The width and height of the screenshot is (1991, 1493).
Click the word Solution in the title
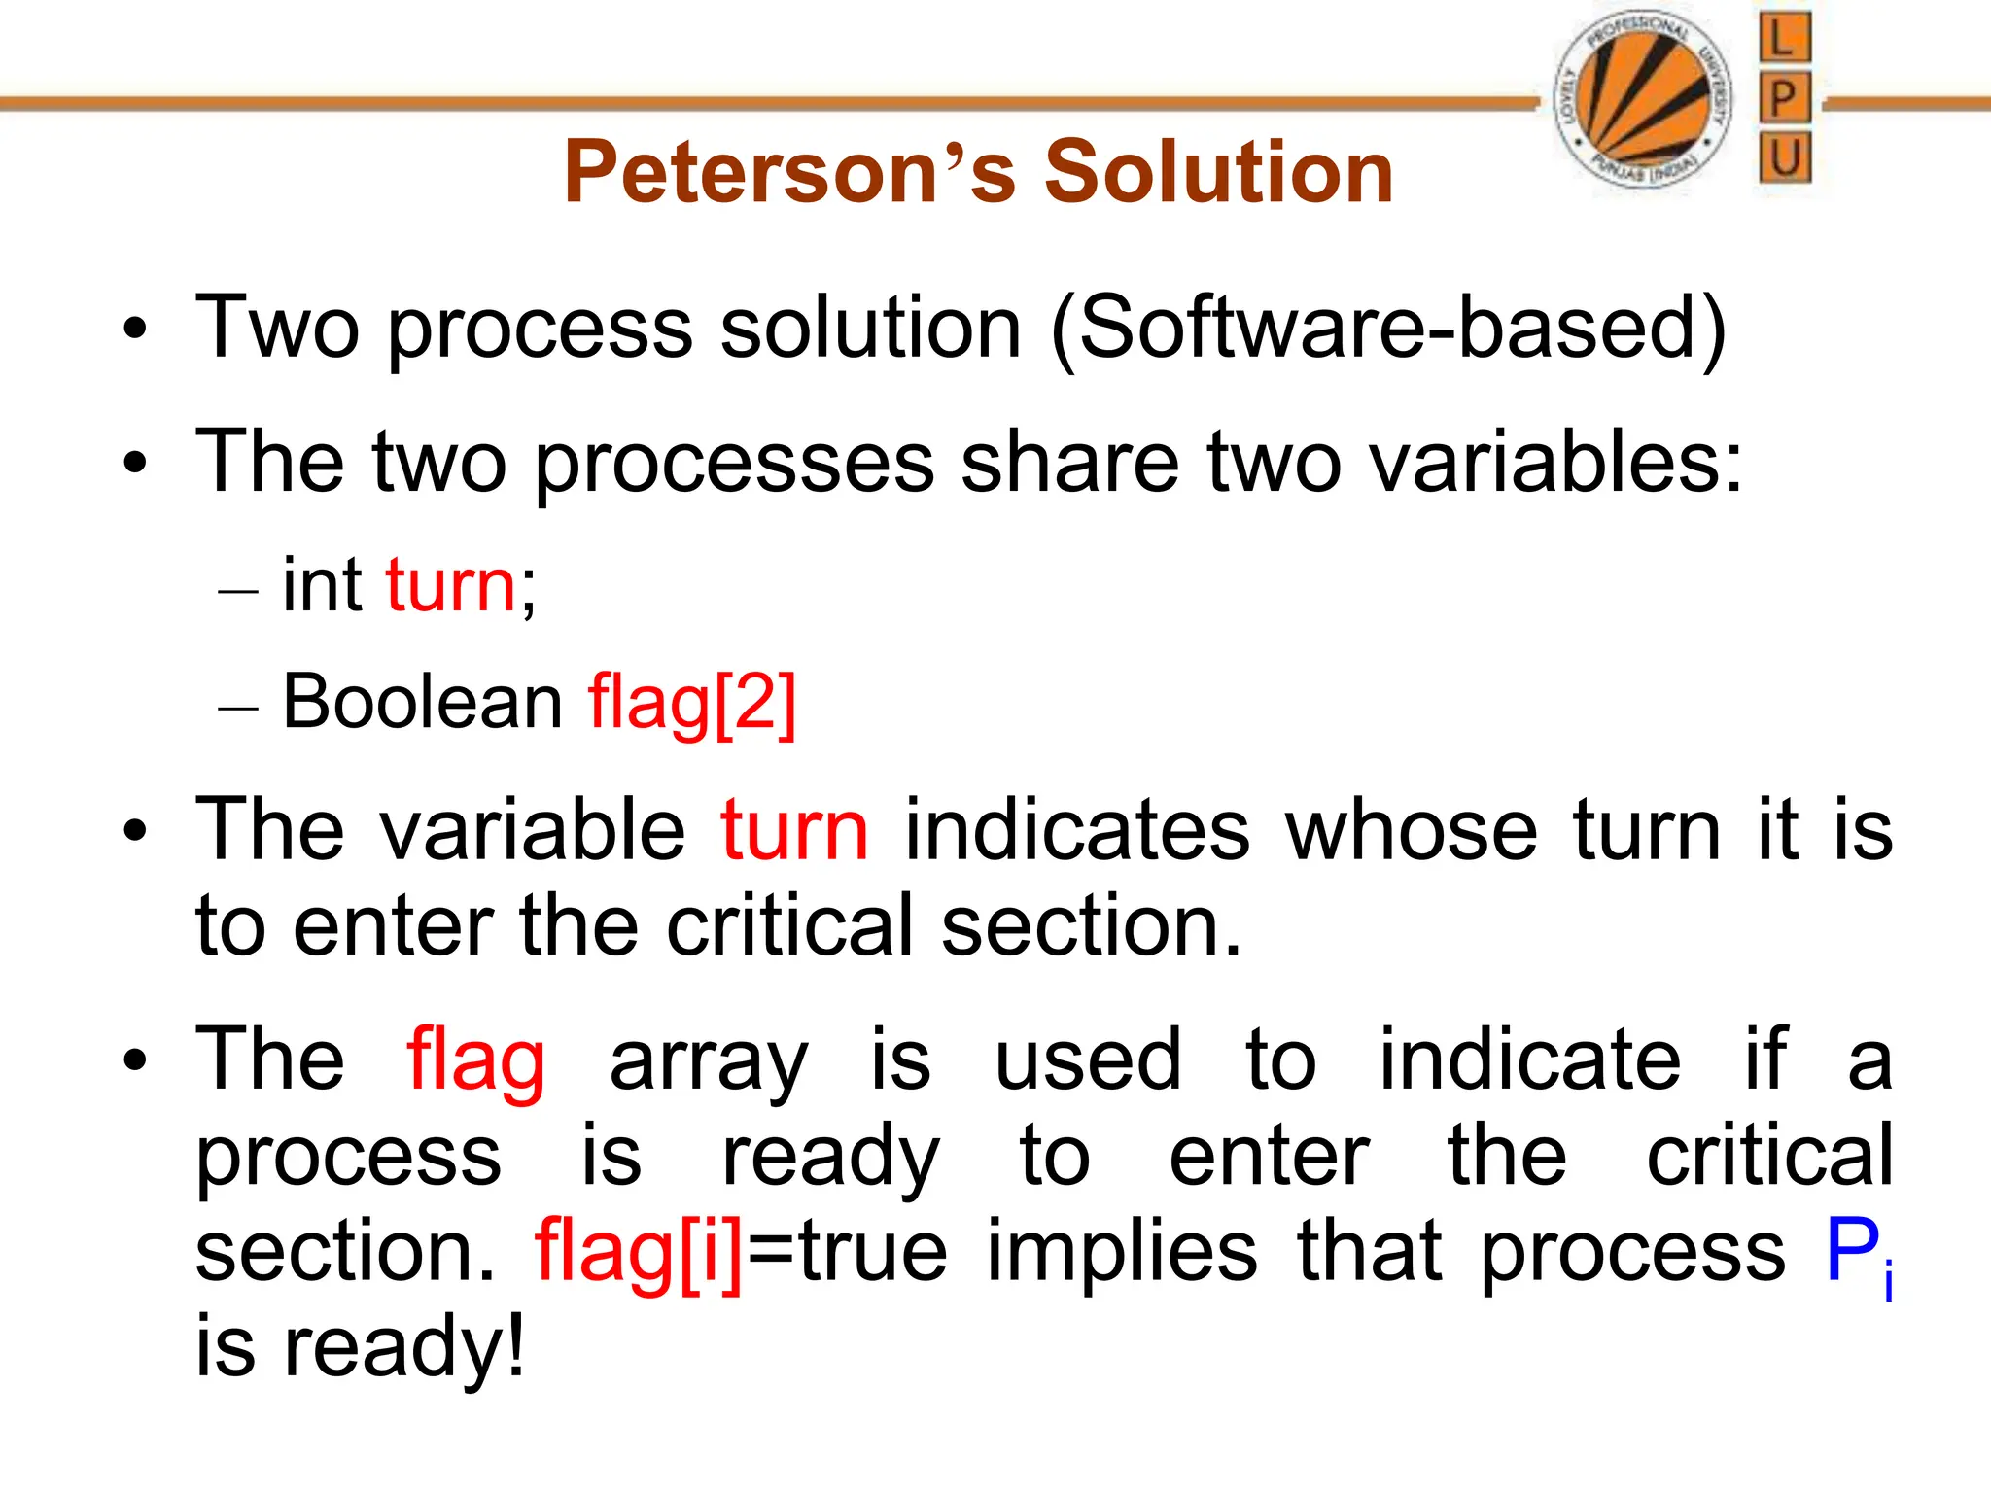1219,172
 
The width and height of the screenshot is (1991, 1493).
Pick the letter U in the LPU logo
1784,158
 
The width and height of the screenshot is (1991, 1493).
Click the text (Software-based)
1388,329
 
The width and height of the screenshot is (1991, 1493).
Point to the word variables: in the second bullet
1555,461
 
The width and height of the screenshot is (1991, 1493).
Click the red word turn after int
450,586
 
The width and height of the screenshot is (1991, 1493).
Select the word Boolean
422,701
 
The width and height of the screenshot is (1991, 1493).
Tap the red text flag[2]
692,703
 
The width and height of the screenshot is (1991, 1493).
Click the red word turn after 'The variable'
794,831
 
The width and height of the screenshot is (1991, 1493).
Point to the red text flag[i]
639,1252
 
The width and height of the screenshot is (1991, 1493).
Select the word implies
1122,1252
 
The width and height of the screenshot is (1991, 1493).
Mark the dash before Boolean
238,707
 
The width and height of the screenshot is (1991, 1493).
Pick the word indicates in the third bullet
1077,831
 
